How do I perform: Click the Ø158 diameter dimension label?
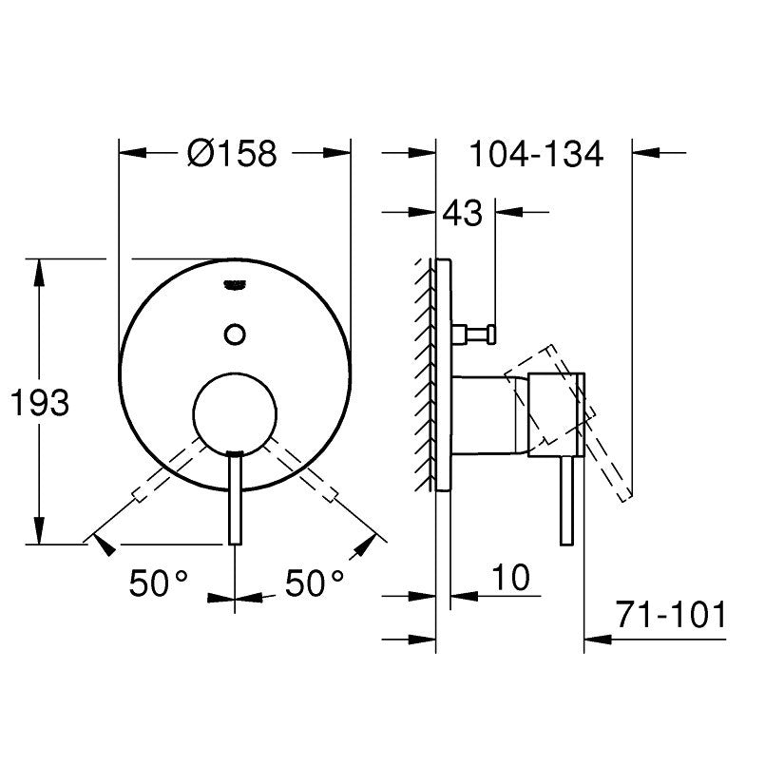click(232, 153)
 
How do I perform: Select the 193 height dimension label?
click(40, 403)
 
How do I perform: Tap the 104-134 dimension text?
click(536, 154)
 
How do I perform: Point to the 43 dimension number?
click(462, 213)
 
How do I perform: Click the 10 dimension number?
click(511, 578)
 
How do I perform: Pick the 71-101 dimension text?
click(671, 615)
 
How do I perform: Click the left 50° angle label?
click(158, 583)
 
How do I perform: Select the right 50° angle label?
click(315, 583)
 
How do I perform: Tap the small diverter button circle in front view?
click(235, 335)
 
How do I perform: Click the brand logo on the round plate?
click(235, 285)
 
